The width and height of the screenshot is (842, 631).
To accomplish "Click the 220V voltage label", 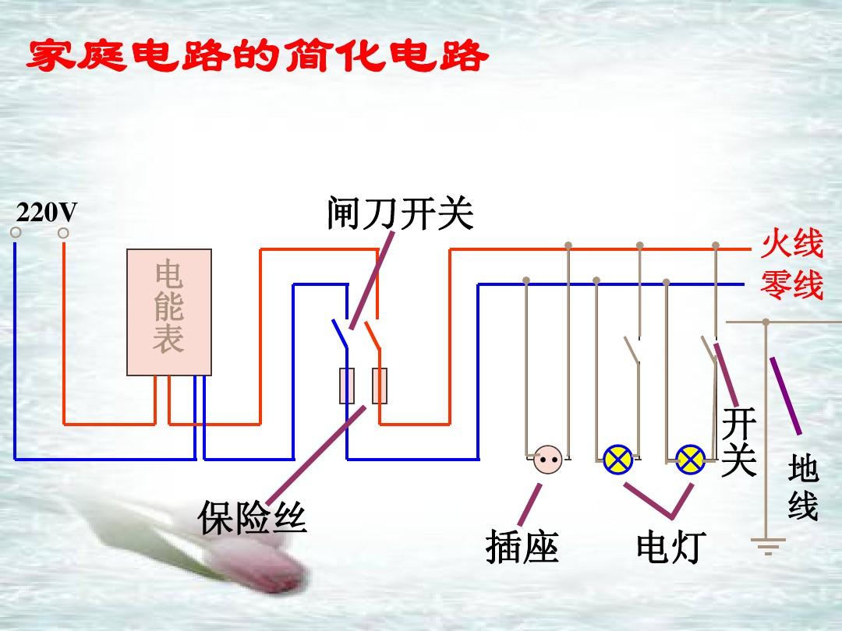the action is [47, 213].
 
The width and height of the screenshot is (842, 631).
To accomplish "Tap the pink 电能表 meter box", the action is [169, 312].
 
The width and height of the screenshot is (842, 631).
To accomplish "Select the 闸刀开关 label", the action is [400, 213].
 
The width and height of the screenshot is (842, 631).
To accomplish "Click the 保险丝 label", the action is [253, 517].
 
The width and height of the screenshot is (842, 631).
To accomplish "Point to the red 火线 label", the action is [791, 244].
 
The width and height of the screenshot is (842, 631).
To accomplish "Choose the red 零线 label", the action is [791, 284].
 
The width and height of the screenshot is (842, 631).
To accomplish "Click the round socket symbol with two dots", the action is [548, 460].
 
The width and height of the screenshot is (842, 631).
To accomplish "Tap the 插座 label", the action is [522, 547].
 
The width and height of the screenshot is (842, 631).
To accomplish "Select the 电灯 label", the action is [671, 547].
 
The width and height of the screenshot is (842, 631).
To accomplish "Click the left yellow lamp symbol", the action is [618, 460].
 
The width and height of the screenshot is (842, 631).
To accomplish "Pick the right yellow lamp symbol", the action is [690, 460].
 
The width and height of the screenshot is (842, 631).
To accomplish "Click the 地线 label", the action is [803, 487].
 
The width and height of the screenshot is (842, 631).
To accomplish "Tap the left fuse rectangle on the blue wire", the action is [347, 386].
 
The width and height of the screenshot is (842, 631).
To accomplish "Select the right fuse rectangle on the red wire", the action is [380, 386].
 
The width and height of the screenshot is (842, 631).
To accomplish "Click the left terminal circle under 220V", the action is [16, 232].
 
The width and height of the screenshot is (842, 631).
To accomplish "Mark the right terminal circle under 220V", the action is [63, 233].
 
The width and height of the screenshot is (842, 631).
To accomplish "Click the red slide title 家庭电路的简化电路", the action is [257, 55].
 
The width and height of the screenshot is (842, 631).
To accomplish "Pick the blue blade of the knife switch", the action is [340, 333].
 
